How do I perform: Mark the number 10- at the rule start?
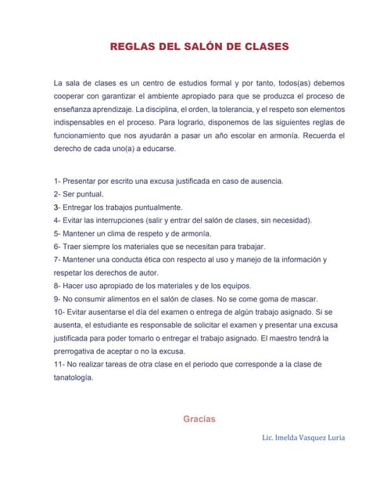click(59, 312)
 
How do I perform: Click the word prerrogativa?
click(77, 351)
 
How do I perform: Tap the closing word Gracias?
click(199, 419)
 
